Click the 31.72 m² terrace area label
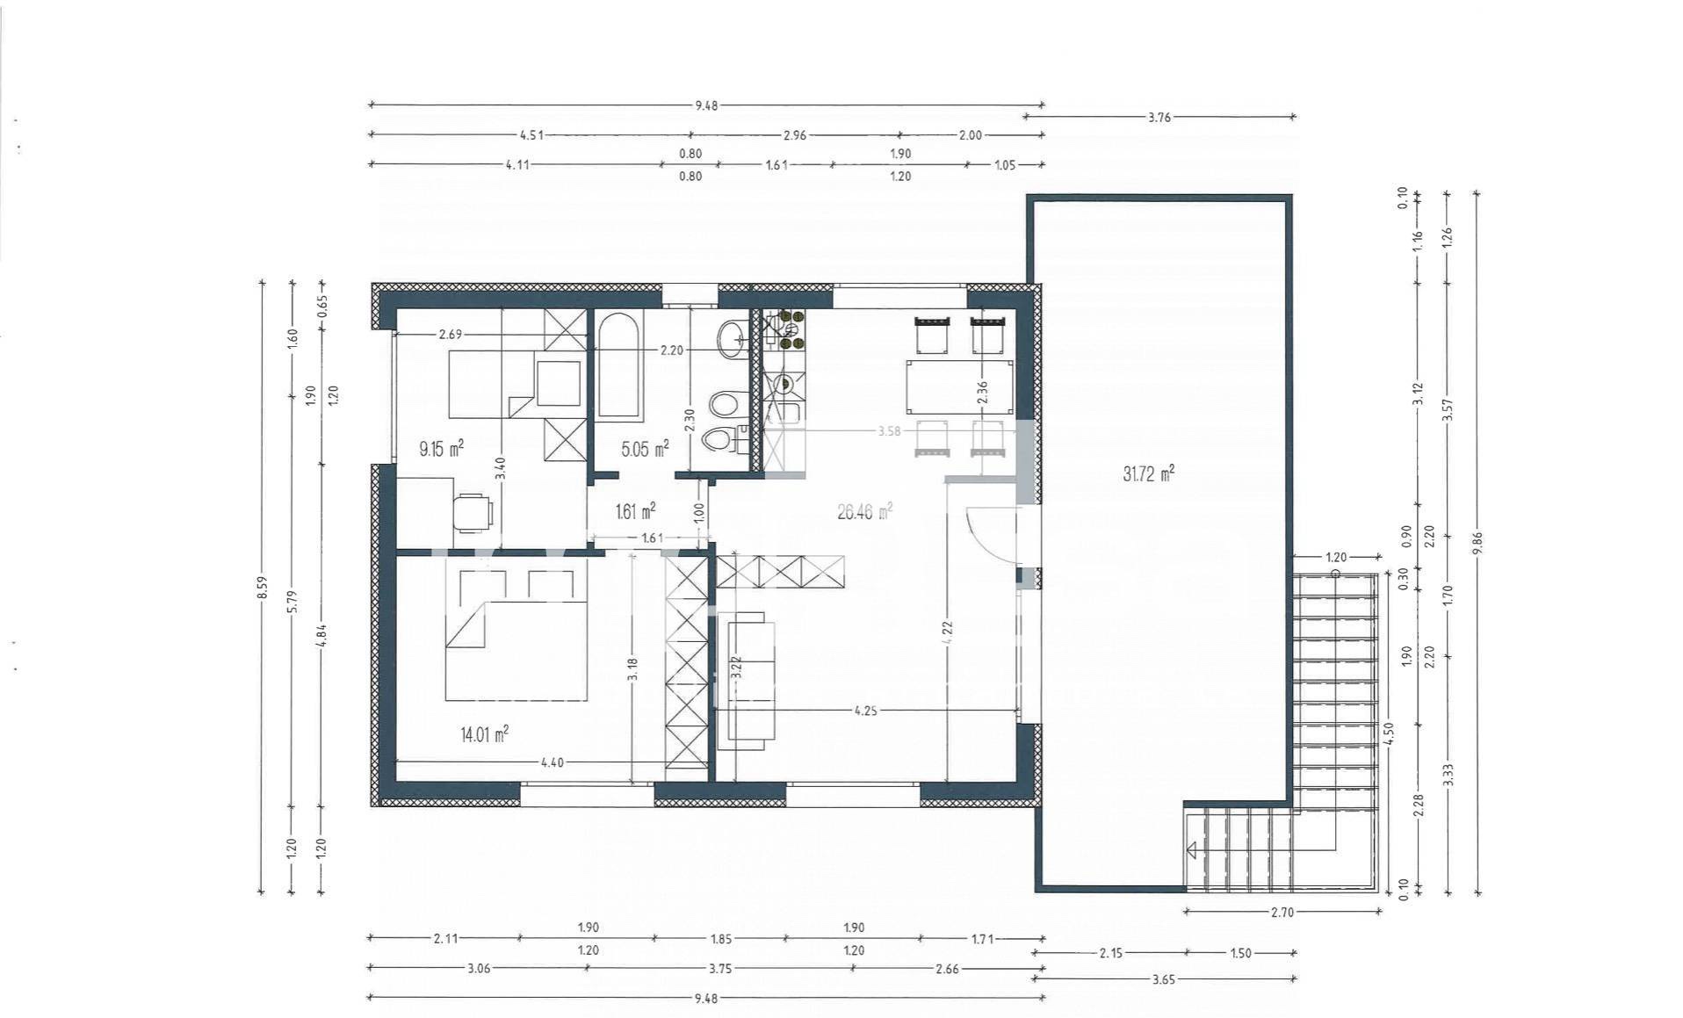(1147, 474)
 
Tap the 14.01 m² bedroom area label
(484, 734)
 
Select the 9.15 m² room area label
(441, 450)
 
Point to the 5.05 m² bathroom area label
(645, 450)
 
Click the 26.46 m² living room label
(864, 511)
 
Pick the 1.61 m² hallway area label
(636, 511)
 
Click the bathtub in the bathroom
(618, 365)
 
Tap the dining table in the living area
(958, 386)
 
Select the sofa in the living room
(747, 680)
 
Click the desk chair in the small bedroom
(473, 512)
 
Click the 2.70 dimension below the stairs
(1282, 913)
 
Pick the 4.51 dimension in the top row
(531, 135)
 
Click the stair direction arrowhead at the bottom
(1192, 850)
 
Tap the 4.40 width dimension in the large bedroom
(552, 762)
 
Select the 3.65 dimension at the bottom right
(1164, 979)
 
